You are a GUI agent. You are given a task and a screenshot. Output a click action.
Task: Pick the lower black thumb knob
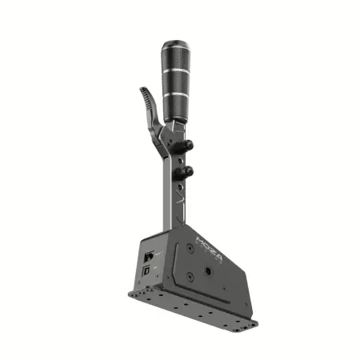190,170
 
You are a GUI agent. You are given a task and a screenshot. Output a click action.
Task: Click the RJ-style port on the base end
150,257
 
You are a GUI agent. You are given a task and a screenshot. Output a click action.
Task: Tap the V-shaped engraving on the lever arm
181,197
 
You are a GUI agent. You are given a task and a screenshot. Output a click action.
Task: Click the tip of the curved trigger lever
142,90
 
